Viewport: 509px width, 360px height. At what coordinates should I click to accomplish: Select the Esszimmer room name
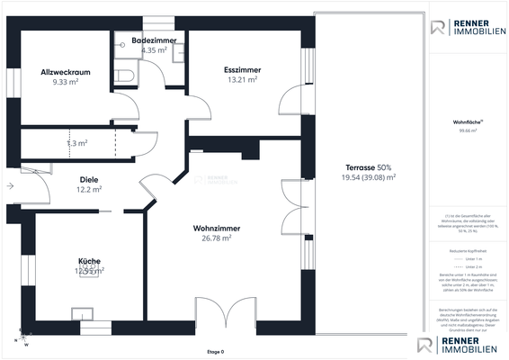point(241,69)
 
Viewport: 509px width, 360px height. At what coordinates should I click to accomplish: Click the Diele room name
point(89,179)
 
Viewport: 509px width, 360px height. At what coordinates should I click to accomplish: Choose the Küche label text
point(88,260)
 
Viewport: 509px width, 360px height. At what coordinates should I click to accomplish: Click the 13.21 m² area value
point(241,79)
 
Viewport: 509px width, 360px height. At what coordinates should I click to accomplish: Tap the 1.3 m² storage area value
point(77,143)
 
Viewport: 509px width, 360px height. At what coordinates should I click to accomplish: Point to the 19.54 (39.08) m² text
point(369,178)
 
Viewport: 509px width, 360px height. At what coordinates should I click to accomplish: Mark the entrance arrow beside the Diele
point(9,186)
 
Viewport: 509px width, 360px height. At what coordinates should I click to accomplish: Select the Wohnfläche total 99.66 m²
point(467,130)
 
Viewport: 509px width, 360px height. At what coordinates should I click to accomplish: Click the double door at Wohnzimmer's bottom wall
point(214,315)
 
